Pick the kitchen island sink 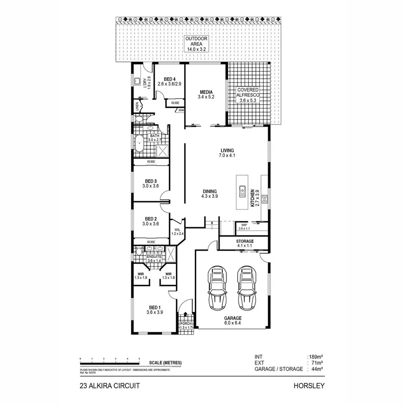tap(242, 192)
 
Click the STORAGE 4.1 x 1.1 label tap(245, 244)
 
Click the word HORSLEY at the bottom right tap(309, 386)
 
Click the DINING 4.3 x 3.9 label tap(210, 193)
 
